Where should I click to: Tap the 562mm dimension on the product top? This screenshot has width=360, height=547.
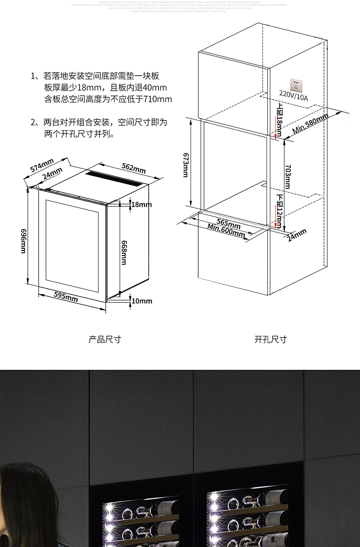coord(134,168)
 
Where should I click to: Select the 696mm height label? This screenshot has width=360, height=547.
coord(23,240)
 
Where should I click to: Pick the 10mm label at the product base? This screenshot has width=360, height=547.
coord(141,301)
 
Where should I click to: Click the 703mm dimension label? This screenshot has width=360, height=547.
coord(287,176)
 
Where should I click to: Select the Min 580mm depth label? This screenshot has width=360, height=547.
coord(310,123)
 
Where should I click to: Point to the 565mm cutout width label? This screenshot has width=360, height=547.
coord(228,223)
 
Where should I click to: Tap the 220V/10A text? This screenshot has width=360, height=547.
coord(293,97)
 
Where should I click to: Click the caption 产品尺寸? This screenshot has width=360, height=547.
coord(105,339)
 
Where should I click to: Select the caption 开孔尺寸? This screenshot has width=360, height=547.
coord(271,339)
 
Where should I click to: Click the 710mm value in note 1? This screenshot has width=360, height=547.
coord(158,99)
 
